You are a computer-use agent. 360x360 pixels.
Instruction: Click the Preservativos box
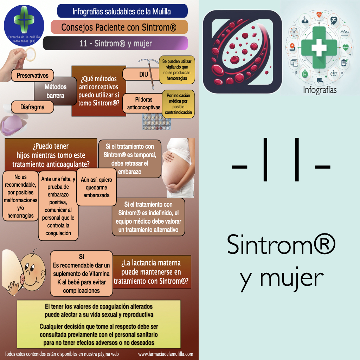tap(32, 75)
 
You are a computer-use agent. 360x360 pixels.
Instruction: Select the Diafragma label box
tap(32, 107)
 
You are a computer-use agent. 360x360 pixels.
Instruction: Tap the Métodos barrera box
tap(56, 91)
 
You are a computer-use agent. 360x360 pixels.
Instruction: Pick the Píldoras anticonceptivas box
tap(143, 103)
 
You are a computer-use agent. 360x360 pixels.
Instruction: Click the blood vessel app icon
tap(243, 52)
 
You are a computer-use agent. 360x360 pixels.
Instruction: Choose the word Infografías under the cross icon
tap(320, 90)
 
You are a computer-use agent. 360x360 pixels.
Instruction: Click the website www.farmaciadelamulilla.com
tap(166, 354)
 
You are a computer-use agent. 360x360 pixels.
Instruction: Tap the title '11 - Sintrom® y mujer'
tap(116, 44)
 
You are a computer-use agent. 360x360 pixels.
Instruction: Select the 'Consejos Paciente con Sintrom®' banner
tap(119, 27)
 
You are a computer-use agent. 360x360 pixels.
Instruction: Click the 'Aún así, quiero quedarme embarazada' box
tap(96, 187)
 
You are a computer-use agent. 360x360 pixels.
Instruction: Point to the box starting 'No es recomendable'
tap(20, 196)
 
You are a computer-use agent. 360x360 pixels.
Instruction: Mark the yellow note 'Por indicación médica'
tap(178, 104)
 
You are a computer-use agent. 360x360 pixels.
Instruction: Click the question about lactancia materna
tap(152, 272)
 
